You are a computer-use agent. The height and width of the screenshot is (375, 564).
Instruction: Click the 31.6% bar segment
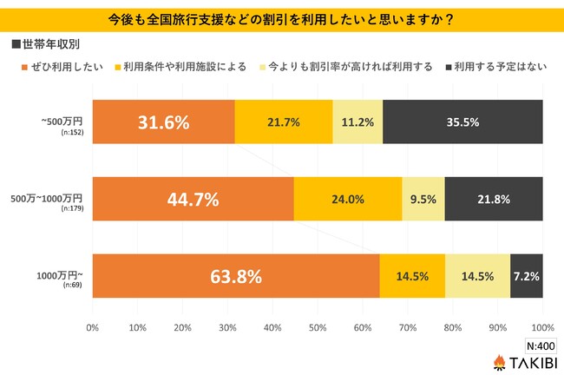tap(163, 122)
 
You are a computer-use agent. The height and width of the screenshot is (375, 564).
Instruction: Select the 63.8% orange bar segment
tap(236, 277)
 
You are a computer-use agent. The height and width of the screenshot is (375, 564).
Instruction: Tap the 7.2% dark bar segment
tap(527, 277)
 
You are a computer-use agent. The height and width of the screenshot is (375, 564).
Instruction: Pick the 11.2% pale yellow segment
tap(357, 122)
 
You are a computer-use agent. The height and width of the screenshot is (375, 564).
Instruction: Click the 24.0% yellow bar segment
tap(348, 200)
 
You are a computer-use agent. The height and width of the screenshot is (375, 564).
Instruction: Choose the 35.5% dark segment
tap(462, 122)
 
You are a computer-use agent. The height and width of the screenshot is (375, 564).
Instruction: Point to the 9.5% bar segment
tap(423, 200)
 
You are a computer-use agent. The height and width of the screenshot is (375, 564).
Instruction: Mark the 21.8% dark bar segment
tap(494, 200)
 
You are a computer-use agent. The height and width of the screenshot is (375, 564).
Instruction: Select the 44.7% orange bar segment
tap(193, 200)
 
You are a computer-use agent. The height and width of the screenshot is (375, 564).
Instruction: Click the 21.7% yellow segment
tap(284, 122)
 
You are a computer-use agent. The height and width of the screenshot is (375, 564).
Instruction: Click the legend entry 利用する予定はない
tap(495, 66)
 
